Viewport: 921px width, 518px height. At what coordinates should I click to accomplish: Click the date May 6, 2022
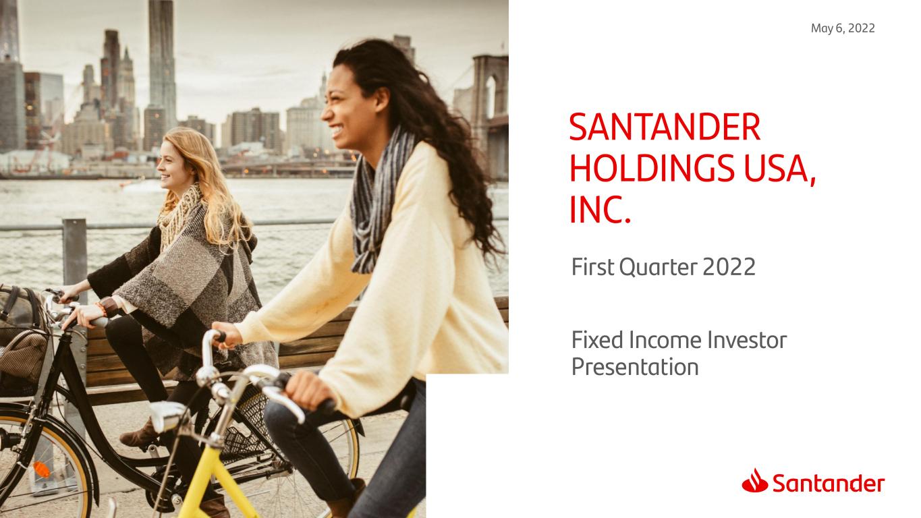pyautogui.click(x=843, y=28)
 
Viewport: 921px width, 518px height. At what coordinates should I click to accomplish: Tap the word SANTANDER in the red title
pyautogui.click(x=665, y=127)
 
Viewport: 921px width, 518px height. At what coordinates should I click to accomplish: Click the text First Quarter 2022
pyautogui.click(x=663, y=268)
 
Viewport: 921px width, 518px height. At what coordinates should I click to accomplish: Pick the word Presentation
pyautogui.click(x=634, y=368)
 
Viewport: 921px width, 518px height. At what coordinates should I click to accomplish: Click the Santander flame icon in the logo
pyautogui.click(x=754, y=481)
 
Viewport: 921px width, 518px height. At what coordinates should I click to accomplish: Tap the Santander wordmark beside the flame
pyautogui.click(x=828, y=484)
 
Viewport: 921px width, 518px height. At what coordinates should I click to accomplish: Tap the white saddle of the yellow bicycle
pyautogui.click(x=166, y=415)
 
